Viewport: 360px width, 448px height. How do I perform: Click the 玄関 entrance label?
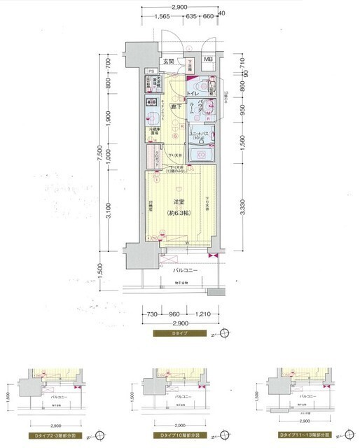[168, 62]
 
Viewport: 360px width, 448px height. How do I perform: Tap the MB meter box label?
[208, 59]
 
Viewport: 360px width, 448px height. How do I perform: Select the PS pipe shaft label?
[150, 71]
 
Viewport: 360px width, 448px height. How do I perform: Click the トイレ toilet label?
[196, 92]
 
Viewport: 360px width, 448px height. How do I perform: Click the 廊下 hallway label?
[178, 106]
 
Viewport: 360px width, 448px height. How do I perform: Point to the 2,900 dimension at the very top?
[181, 6]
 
